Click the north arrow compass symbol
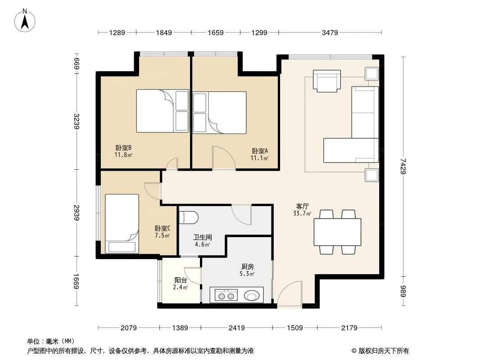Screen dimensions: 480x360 25,21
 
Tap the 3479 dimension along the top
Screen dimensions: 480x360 330,32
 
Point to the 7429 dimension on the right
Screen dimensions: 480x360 403,166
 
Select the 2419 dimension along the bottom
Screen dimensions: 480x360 237,328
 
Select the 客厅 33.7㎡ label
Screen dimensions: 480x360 302,210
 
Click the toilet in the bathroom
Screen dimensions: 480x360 189,217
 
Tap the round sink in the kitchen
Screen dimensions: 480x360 252,296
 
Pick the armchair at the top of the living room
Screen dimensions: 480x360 327,81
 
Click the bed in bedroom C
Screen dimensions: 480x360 122,224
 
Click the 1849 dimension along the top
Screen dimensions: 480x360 164,32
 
